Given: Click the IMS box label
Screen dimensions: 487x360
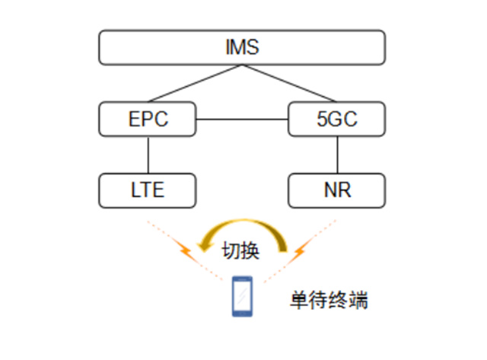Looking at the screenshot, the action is point(242,47).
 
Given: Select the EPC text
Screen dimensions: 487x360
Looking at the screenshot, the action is point(148,119).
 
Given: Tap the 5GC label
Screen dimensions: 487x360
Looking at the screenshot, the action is point(337,119).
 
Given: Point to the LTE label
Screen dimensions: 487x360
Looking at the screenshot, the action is point(148,190).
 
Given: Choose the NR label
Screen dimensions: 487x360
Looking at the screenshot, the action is point(338,190).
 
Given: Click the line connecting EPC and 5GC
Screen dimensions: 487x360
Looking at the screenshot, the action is point(242,119).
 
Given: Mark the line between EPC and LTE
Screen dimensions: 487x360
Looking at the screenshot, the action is point(148,155).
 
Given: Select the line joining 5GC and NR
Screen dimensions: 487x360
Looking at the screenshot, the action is point(338,155).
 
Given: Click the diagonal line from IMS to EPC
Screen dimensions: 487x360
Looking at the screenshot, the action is point(196,83).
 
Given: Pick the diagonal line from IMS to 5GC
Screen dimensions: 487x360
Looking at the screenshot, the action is point(289,83).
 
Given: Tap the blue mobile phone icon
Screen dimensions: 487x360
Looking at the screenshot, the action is point(242,297).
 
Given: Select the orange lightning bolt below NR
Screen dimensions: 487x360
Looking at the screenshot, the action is point(300,250).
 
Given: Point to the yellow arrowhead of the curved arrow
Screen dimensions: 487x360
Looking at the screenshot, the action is point(204,244).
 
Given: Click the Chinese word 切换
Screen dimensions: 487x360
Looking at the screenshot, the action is point(240,250).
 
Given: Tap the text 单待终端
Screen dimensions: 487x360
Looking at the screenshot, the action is point(329,300).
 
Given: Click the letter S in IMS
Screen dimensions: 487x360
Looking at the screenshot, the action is point(253,47).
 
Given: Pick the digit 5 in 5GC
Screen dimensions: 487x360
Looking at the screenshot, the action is point(322,119).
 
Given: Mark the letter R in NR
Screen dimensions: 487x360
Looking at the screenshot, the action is point(345,190).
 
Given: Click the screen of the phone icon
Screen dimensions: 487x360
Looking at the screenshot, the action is point(242,295).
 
